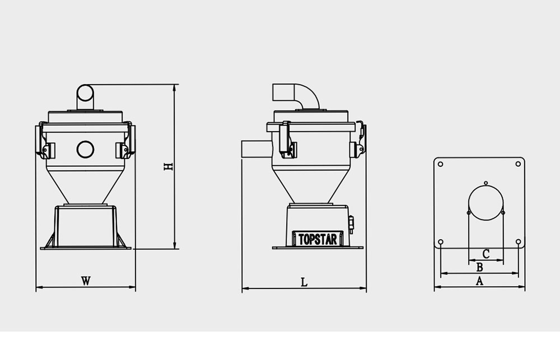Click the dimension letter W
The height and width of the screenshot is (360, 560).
point(86,281)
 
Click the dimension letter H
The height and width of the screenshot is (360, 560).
point(168,166)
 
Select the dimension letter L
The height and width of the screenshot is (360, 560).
point(304,282)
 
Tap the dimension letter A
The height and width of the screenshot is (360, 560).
point(479,281)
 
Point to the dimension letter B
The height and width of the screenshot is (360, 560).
point(480,267)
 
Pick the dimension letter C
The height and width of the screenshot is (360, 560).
point(486,254)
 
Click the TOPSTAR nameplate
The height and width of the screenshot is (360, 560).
point(318,239)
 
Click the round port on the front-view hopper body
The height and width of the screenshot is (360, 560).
point(85,149)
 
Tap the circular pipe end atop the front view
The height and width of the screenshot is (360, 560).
point(85,93)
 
